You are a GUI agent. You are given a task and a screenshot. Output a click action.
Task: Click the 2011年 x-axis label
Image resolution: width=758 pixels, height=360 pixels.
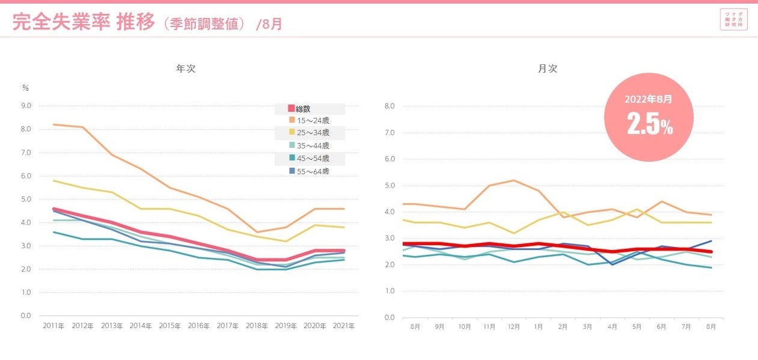coord(54,326)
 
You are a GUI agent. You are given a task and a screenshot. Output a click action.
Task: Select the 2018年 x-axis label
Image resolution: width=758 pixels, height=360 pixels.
coord(256,326)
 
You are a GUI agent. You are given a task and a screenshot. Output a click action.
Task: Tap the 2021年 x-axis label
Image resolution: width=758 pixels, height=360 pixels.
coord(343,326)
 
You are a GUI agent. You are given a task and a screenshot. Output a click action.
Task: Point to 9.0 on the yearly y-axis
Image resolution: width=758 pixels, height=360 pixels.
coord(26,106)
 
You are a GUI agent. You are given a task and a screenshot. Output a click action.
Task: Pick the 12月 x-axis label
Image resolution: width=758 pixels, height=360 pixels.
coord(513,328)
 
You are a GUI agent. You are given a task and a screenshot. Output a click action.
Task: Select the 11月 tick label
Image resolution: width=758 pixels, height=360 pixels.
coord(489,328)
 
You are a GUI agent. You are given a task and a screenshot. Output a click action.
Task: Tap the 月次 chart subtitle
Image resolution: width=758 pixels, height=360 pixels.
coord(548,69)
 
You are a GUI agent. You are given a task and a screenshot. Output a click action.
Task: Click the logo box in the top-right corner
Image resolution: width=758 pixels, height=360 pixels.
coord(733,20)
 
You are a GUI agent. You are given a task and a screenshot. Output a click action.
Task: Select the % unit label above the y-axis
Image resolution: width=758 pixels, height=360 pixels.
coord(25,88)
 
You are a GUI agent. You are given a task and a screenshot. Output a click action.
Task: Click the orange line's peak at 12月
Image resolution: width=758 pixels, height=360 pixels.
coord(514,180)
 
